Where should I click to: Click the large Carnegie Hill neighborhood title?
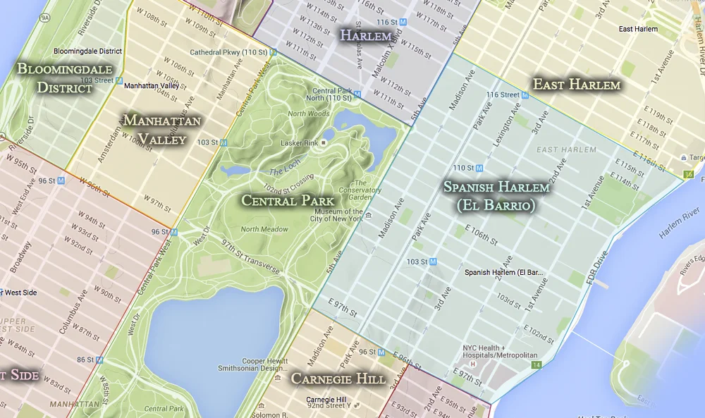pyautogui.click(x=338, y=379)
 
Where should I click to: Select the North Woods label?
pyautogui.click(x=308, y=113)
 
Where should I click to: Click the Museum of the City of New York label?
pyautogui.click(x=337, y=215)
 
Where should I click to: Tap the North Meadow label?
pyautogui.click(x=264, y=229)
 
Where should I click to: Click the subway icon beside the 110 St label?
pyautogui.click(x=479, y=168)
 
